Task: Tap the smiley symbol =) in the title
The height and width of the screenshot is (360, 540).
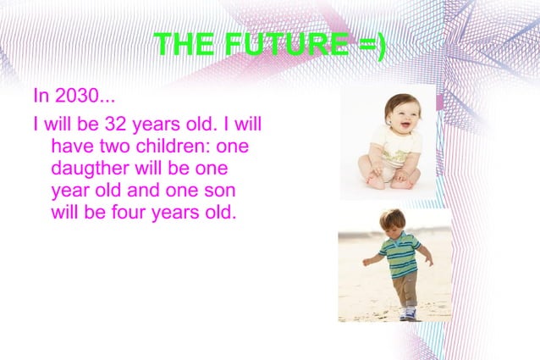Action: coord(367,45)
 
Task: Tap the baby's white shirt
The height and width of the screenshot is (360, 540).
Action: coord(394,152)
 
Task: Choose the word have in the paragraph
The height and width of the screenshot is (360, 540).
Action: coord(70,147)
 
